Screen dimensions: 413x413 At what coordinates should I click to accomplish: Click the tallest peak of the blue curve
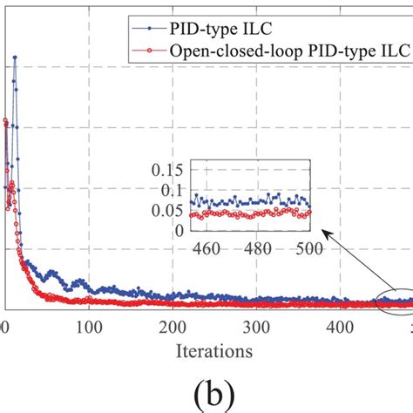coord(14,58)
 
